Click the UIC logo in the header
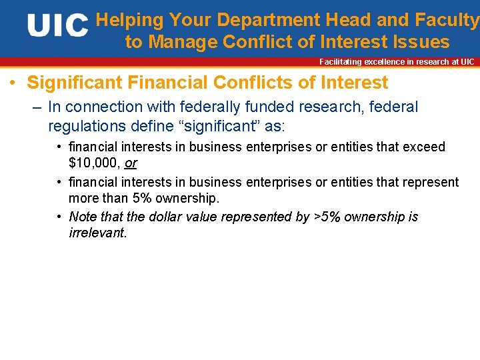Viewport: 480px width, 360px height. (x=57, y=26)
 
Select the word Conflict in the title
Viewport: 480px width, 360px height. (x=259, y=42)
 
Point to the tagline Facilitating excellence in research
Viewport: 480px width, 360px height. (x=397, y=62)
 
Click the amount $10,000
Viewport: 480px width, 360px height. (x=94, y=163)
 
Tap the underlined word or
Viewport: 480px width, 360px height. (x=131, y=163)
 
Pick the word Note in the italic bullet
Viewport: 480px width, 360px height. (x=83, y=217)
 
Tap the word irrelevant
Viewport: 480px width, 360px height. (x=97, y=233)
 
